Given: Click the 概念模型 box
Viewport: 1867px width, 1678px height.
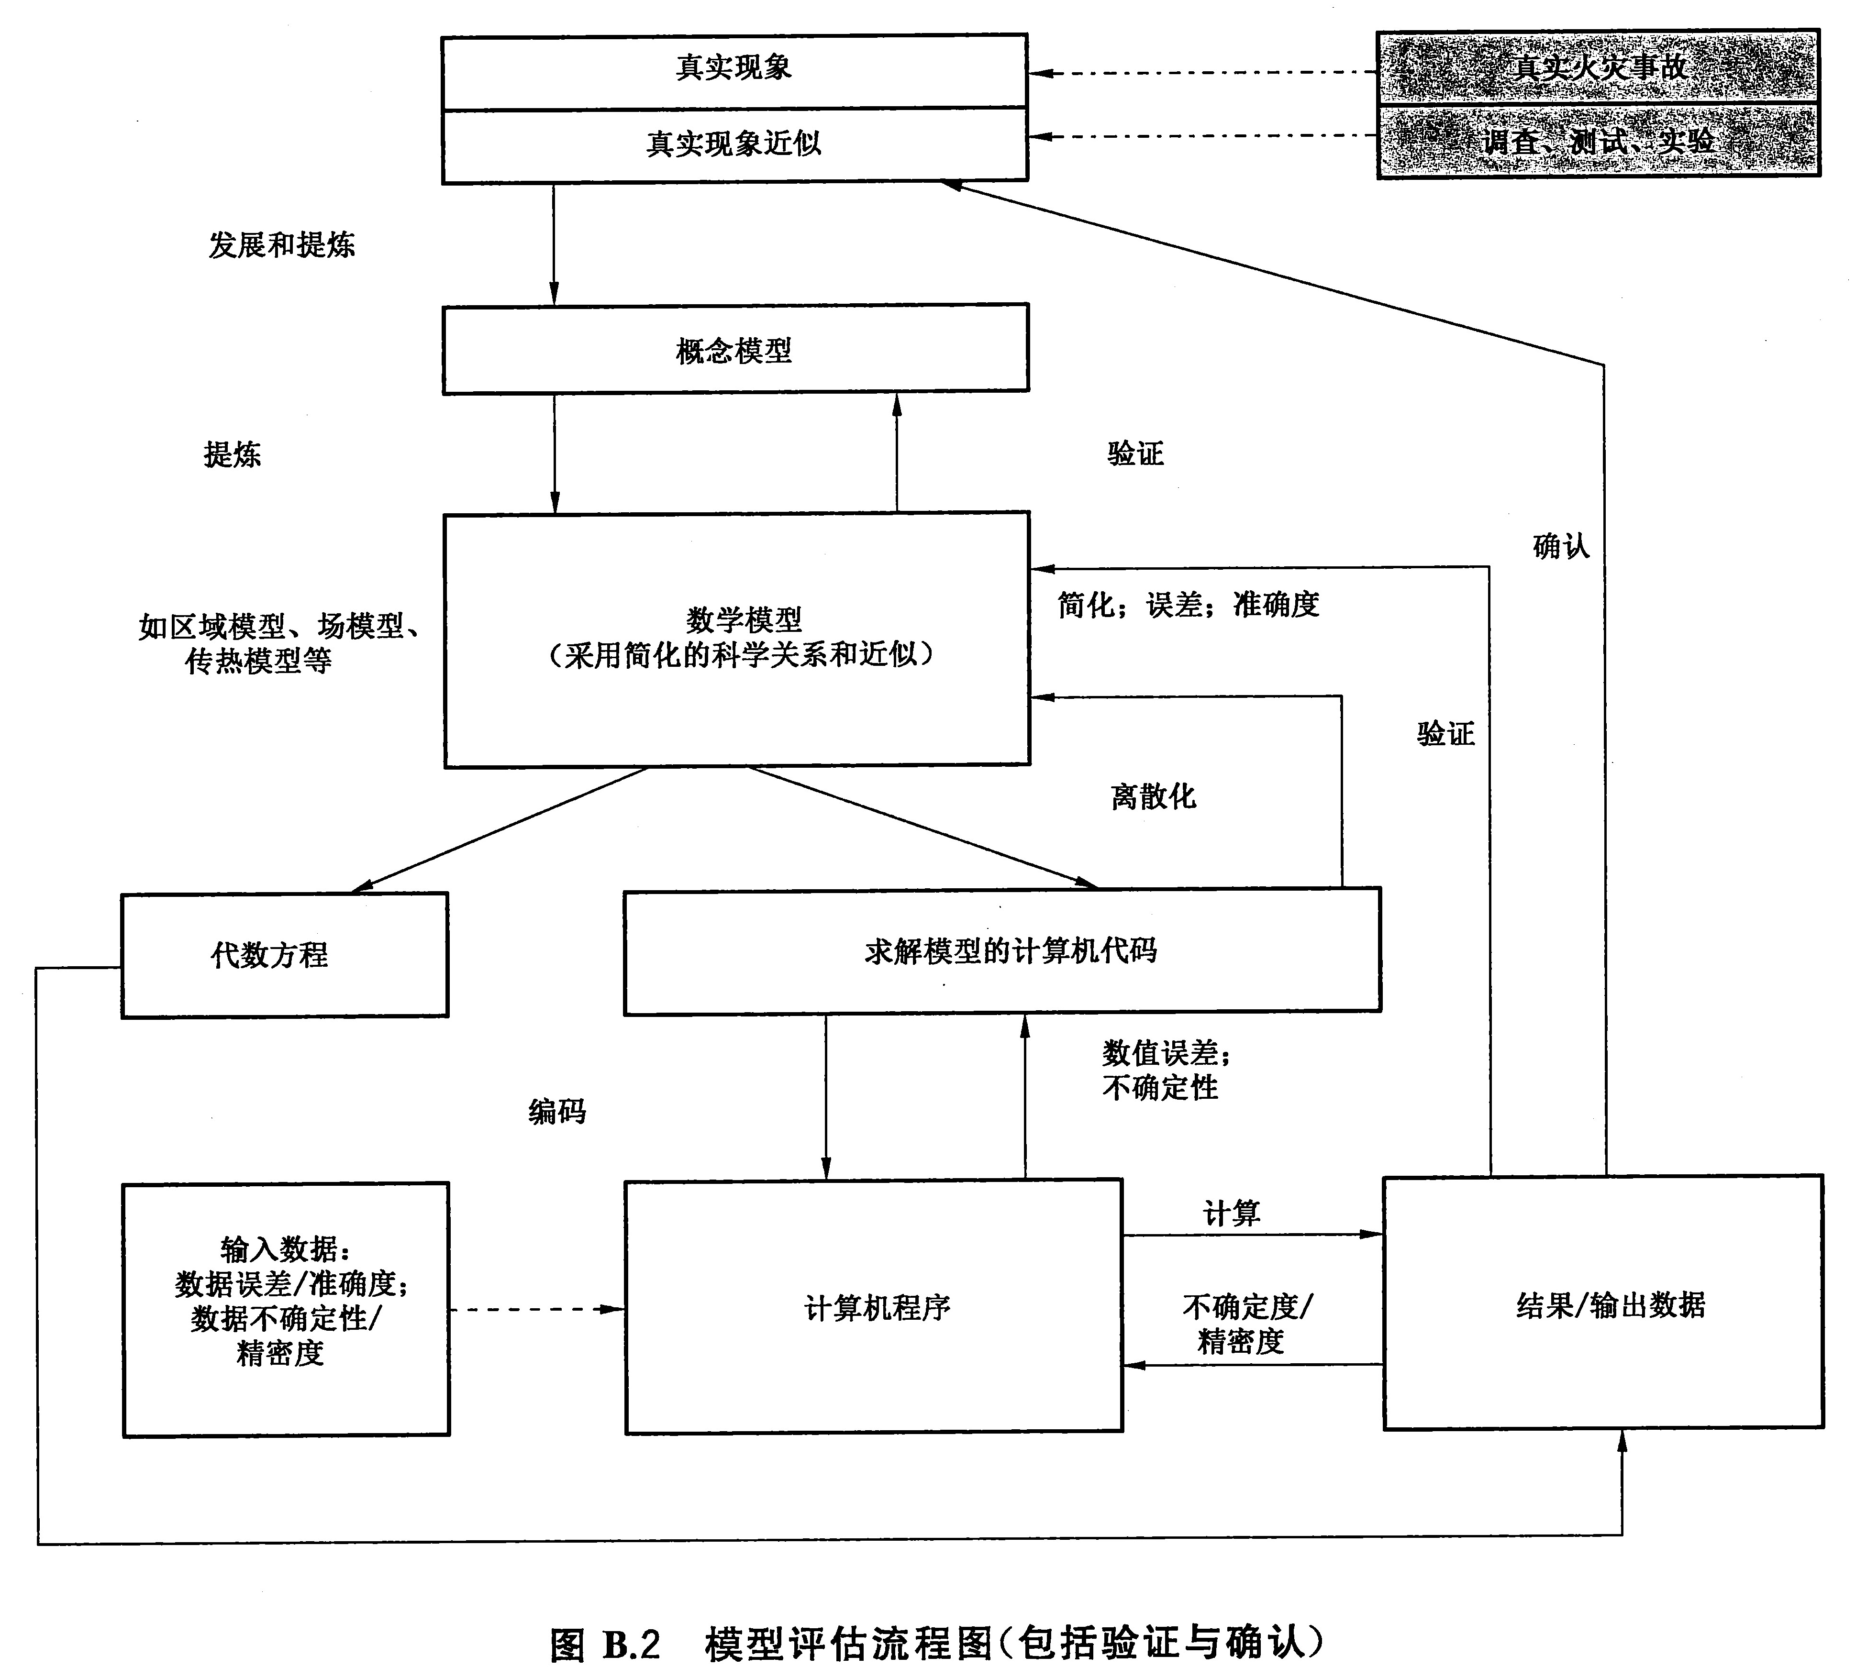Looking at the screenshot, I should pos(734,350).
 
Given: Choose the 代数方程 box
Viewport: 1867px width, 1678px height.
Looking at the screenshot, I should pos(269,954).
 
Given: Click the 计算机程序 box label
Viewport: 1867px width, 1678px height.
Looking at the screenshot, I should pos(876,1307).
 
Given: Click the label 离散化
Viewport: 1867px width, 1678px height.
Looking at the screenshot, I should pos(1153,796).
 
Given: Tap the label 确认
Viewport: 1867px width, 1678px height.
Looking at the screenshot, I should pos(1561,547).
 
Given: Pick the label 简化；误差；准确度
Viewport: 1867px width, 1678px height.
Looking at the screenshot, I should pos(1188,605).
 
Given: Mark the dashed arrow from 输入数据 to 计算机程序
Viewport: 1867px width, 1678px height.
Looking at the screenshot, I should pos(535,1309).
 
